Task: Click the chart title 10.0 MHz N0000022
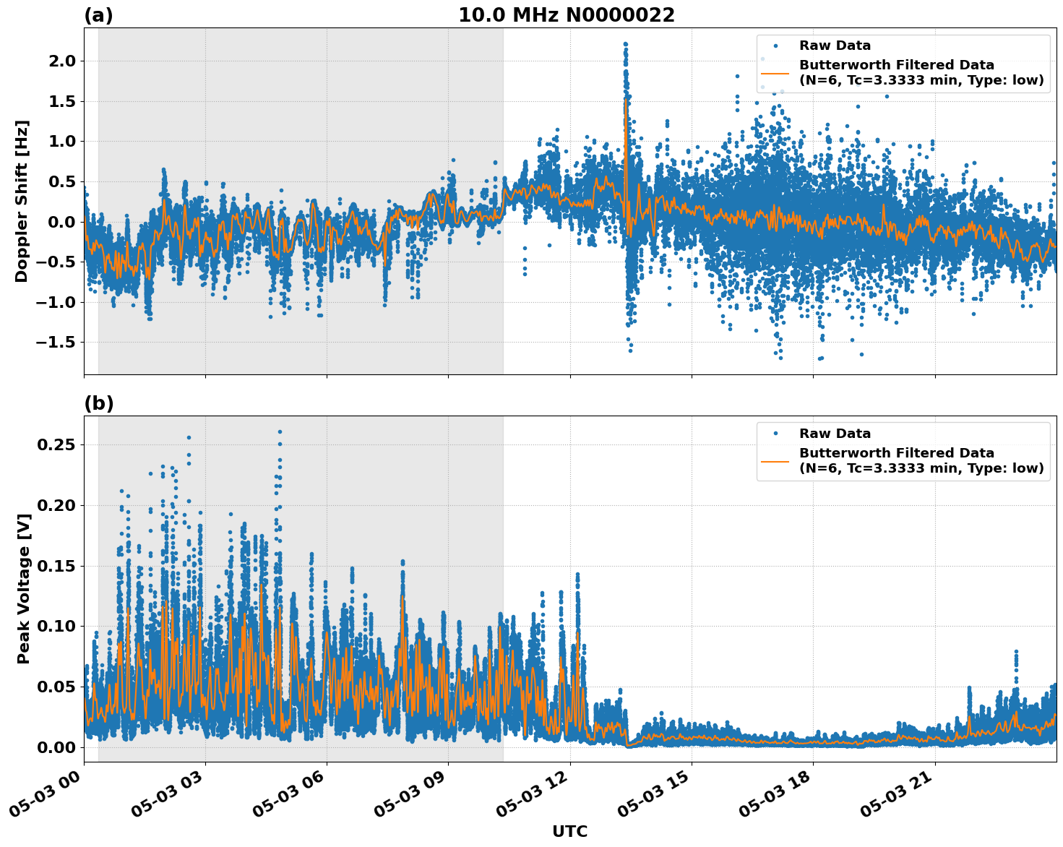click(566, 15)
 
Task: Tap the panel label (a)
click(98, 15)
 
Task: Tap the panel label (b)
click(98, 403)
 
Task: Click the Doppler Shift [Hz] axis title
click(22, 201)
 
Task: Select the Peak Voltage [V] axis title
click(23, 604)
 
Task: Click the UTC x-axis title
click(569, 831)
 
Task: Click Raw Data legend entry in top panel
click(835, 46)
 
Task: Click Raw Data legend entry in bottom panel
click(835, 434)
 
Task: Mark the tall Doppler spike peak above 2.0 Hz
click(625, 44)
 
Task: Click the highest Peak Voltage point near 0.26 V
click(280, 431)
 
